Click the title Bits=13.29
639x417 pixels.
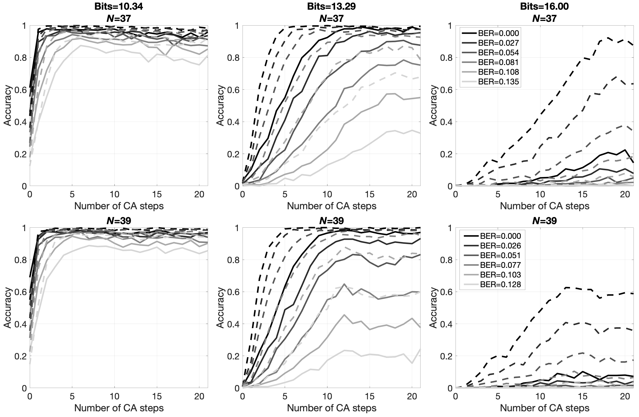tap(331, 6)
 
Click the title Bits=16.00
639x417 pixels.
tap(544, 6)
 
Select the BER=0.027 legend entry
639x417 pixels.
tap(498, 43)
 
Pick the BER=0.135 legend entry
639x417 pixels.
tap(498, 82)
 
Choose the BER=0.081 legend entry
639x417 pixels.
tap(498, 62)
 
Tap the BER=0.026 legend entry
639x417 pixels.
tap(500, 246)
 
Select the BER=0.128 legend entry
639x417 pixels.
tap(500, 284)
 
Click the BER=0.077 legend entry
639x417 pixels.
tap(500, 265)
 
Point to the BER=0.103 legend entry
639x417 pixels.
tap(500, 275)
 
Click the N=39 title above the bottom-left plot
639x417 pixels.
tap(119, 221)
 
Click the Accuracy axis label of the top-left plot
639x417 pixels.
tap(8, 105)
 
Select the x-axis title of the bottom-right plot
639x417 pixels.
tap(544, 408)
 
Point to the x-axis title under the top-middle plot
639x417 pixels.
tap(332, 206)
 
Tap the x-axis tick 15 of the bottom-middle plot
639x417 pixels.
tap(369, 397)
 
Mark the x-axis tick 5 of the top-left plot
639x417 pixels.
tap(72, 194)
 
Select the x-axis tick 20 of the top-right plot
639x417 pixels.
tap(625, 194)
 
